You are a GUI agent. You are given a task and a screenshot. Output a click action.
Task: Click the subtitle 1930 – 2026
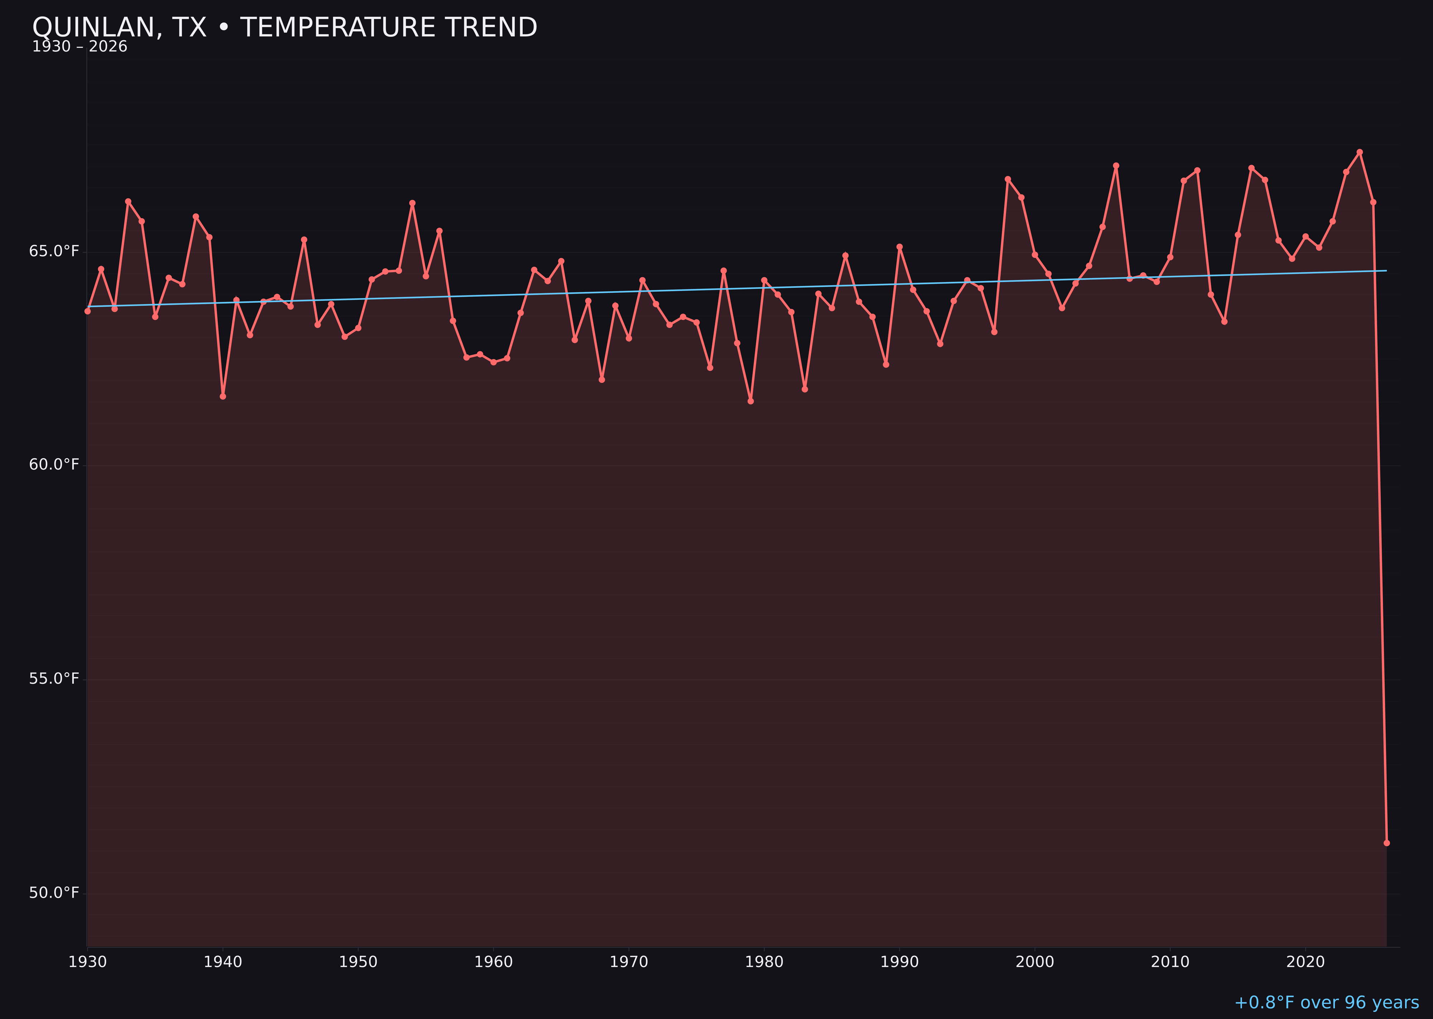80,47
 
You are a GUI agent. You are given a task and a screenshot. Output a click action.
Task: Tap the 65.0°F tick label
54,252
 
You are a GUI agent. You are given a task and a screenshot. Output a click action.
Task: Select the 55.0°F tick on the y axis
54,679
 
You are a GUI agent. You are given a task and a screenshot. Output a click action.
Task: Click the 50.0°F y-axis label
54,893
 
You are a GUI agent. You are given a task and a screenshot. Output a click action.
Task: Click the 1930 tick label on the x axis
88,962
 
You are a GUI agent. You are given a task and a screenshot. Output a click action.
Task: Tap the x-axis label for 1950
358,962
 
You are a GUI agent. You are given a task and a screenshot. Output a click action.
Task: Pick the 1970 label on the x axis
629,962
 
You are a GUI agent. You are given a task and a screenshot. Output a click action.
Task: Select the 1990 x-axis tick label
899,962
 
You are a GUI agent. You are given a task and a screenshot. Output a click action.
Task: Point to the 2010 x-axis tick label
1170,962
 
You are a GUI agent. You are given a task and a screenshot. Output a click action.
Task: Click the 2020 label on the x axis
1305,962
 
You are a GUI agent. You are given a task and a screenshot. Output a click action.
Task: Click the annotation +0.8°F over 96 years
1326,1003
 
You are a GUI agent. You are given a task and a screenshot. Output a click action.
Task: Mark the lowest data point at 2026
1386,843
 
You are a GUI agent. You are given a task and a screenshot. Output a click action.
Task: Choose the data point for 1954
412,203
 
